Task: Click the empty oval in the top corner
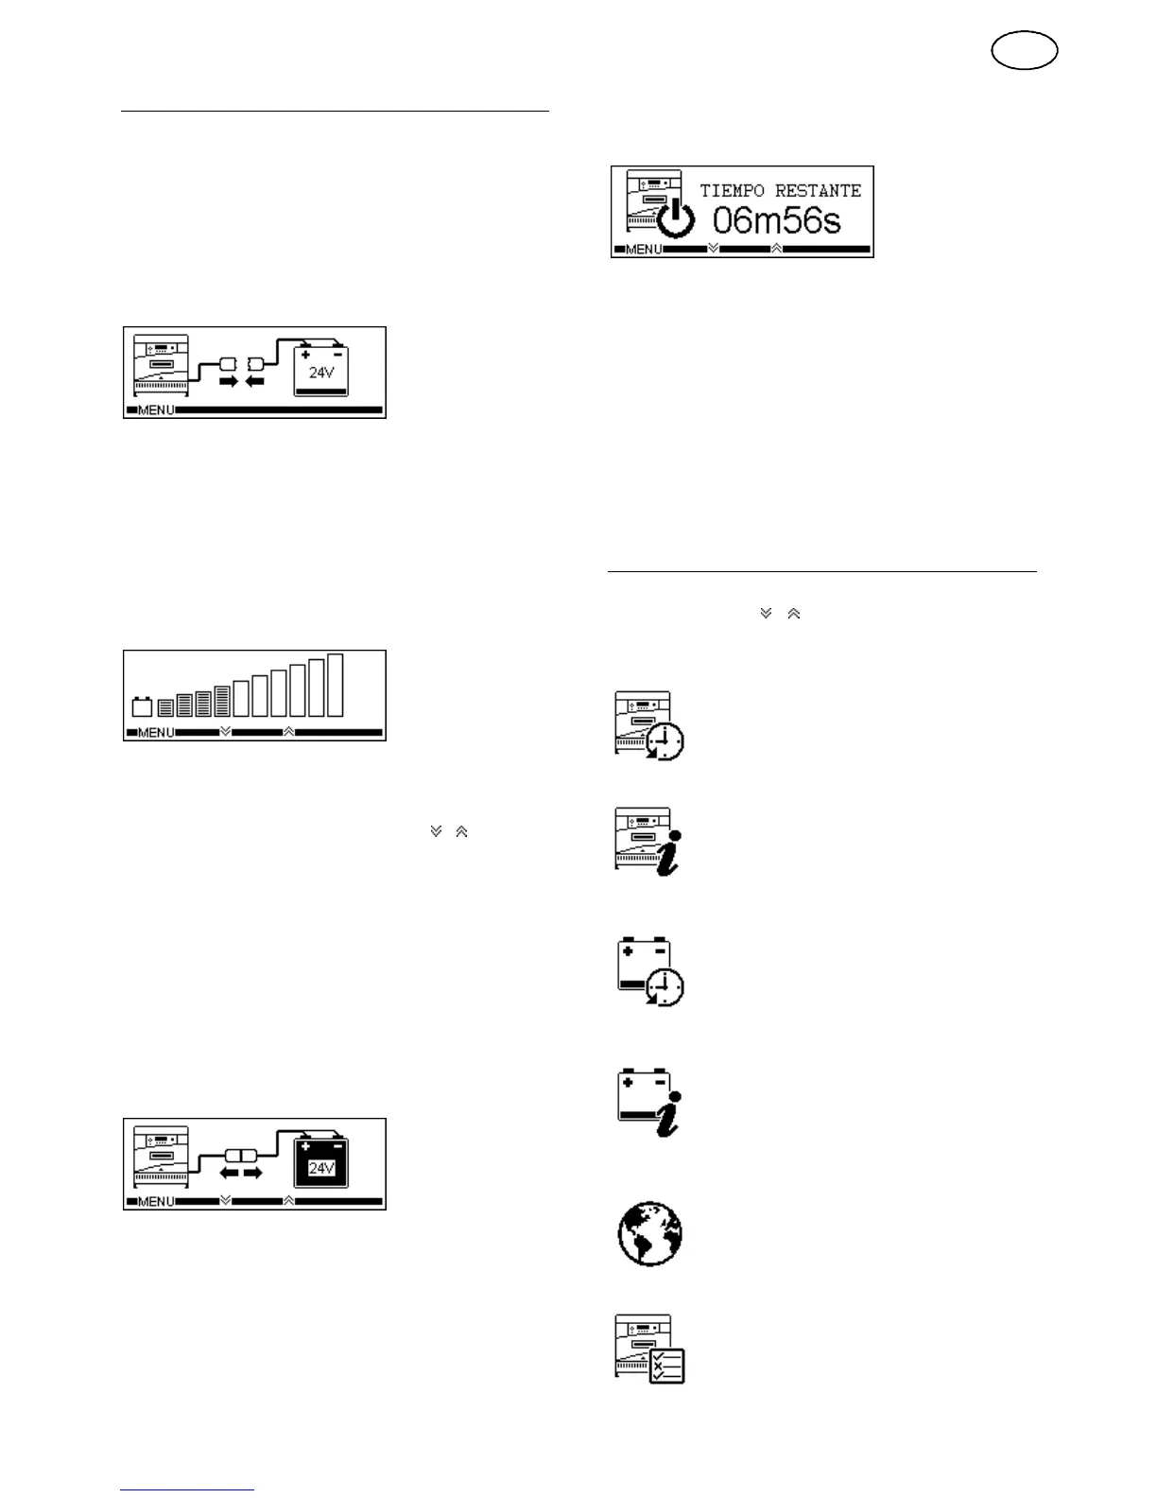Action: [1025, 51]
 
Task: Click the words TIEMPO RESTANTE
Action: [780, 191]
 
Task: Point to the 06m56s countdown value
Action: [776, 222]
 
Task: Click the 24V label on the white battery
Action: [321, 373]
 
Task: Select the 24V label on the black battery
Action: [321, 1169]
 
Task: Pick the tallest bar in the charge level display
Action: [335, 686]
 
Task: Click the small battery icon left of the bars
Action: [142, 706]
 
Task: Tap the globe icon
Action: [649, 1234]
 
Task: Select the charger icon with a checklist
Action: [650, 1349]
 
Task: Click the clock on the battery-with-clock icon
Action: [665, 987]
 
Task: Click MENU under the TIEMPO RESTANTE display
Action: [644, 250]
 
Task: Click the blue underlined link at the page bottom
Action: [187, 1489]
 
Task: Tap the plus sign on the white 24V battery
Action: [305, 355]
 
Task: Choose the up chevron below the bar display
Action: [288, 731]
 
